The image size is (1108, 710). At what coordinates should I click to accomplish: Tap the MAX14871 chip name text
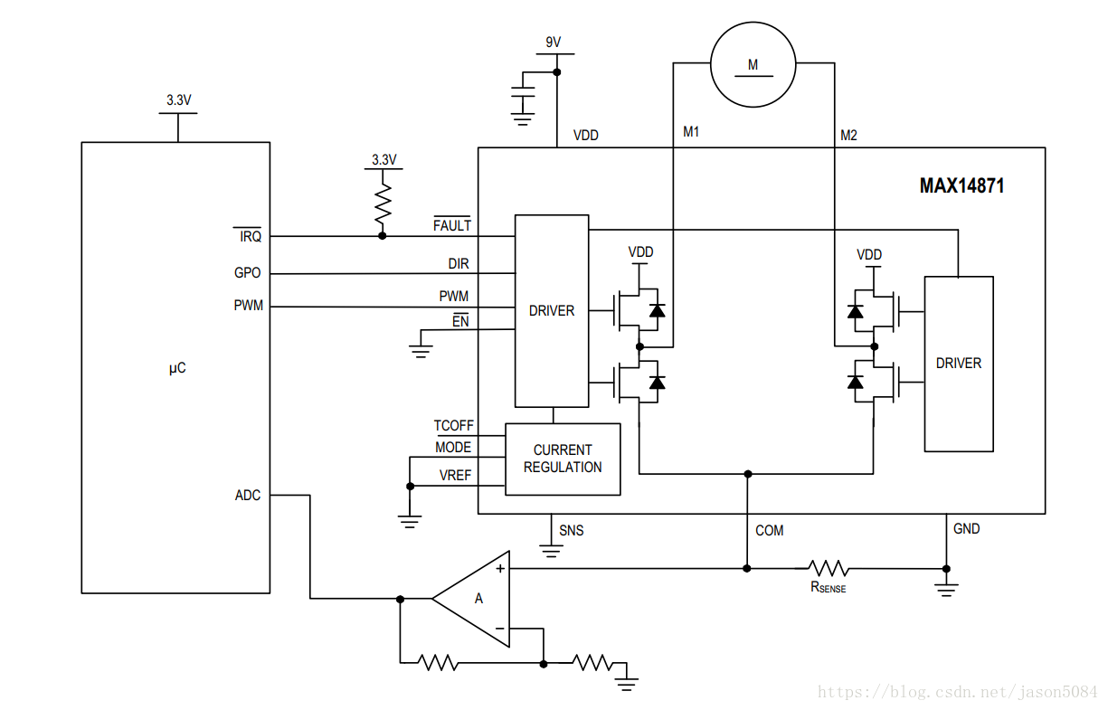961,186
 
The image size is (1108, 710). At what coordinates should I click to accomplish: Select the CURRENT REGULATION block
563,459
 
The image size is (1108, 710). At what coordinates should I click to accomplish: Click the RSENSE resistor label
828,587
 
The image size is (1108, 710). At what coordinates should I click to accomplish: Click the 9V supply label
553,42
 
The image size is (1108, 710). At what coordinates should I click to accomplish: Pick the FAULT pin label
451,225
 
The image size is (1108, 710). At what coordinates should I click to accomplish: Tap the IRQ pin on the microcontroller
250,236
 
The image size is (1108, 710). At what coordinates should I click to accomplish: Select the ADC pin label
247,496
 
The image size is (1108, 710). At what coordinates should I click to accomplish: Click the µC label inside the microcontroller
177,368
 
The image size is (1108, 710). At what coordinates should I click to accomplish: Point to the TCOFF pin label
453,425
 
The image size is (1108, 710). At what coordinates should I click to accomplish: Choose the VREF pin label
455,476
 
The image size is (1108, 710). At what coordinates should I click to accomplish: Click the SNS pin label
572,530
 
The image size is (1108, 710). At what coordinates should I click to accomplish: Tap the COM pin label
769,530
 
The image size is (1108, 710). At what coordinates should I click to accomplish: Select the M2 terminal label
848,135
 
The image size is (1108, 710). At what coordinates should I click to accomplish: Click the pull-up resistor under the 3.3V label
383,204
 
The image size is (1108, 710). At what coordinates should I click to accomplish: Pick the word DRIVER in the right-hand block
959,364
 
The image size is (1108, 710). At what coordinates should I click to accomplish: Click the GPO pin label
247,272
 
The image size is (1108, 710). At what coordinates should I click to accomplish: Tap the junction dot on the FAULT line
383,236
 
